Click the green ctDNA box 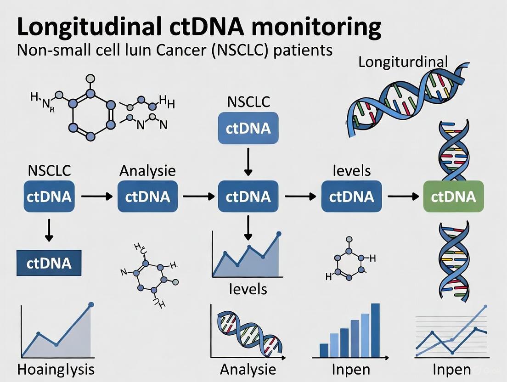[453, 197]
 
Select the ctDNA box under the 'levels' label [351, 197]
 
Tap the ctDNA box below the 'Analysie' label [147, 197]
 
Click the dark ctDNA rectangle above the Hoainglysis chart [49, 263]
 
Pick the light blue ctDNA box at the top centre [248, 128]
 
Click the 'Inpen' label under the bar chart [351, 369]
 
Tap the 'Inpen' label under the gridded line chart [452, 369]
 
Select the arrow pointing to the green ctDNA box [403, 197]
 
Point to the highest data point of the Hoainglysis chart [90, 304]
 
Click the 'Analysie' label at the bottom [248, 369]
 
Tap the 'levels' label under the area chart [248, 289]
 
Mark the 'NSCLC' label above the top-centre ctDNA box [248, 101]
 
